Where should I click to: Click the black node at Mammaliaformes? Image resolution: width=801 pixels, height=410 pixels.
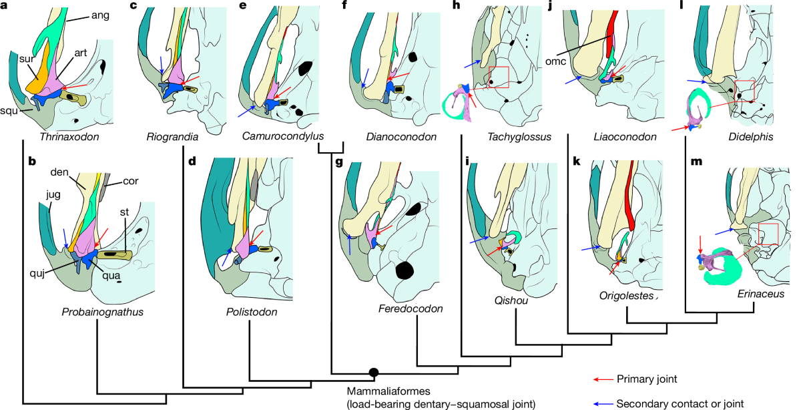tap(374, 372)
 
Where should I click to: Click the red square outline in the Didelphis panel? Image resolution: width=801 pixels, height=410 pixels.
tap(744, 91)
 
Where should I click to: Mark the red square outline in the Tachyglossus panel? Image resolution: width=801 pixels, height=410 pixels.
tap(499, 77)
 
